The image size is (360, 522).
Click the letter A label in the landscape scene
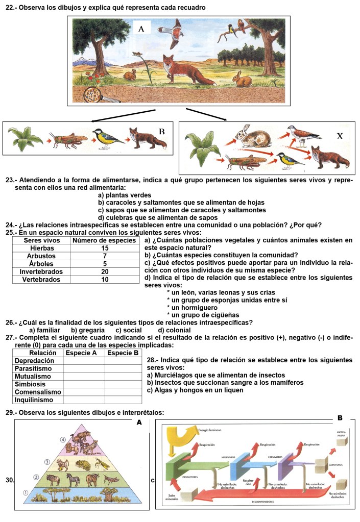coord(141,29)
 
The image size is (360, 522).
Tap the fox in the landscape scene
coord(184,70)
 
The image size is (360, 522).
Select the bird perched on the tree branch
coord(231,30)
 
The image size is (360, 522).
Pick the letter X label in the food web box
coord(340,136)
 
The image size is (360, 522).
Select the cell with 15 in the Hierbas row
coord(105,247)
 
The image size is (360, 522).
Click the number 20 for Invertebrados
coord(105,271)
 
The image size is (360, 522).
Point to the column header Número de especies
coord(105,240)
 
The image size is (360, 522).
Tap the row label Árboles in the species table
coord(40,264)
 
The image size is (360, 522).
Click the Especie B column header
coord(123,353)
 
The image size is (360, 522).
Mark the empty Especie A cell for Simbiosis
coord(84,384)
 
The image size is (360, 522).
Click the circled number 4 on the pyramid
coord(63,440)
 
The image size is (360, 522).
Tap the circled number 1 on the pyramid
coord(26,493)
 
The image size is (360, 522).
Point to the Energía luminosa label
coord(210,430)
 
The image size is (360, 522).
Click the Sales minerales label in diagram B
coord(175,497)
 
